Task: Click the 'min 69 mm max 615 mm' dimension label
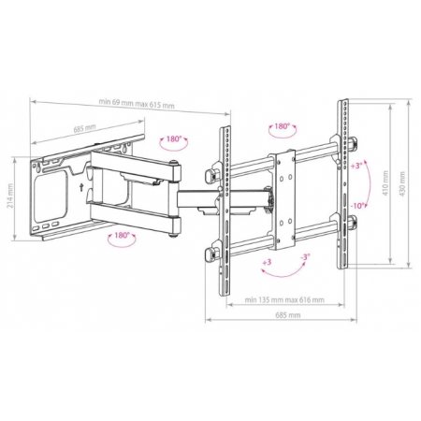click(137, 103)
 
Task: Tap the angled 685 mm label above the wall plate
click(84, 128)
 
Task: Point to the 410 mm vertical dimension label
click(385, 183)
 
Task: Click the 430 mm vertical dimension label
click(402, 183)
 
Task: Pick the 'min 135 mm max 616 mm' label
click(284, 300)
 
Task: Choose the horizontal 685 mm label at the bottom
click(288, 315)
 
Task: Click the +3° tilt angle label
click(356, 166)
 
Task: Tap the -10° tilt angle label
click(357, 206)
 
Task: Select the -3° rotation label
click(305, 257)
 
